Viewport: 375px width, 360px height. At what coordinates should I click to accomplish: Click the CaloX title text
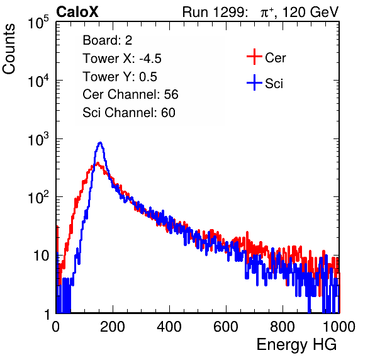click(x=77, y=12)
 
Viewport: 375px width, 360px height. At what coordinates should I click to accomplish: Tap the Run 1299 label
click(x=215, y=12)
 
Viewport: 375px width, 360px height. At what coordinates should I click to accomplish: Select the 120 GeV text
click(x=311, y=12)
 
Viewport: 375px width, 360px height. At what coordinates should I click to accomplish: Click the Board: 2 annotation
click(x=108, y=40)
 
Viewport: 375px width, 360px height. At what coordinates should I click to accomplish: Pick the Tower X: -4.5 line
click(x=122, y=59)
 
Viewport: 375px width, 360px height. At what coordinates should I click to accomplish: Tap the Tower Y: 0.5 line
click(x=120, y=77)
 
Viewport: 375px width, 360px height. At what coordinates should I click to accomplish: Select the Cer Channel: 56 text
click(x=130, y=94)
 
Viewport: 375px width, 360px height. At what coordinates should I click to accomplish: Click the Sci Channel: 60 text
click(x=129, y=113)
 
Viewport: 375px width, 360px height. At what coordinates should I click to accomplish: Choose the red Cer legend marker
click(x=254, y=57)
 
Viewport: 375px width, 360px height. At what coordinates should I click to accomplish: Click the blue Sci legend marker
click(x=254, y=83)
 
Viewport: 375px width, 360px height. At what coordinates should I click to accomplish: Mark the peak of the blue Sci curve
click(x=101, y=143)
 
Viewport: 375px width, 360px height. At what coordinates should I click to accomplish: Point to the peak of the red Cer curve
click(x=97, y=164)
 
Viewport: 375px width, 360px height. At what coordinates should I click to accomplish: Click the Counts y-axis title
click(x=9, y=49)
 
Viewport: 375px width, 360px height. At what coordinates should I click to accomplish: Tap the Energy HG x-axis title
click(x=297, y=344)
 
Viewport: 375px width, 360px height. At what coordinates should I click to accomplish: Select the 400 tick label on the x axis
click(x=169, y=327)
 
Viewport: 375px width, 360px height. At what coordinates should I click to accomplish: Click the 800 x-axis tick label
click(x=283, y=327)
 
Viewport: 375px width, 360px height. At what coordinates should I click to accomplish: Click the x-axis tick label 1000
click(x=339, y=327)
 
